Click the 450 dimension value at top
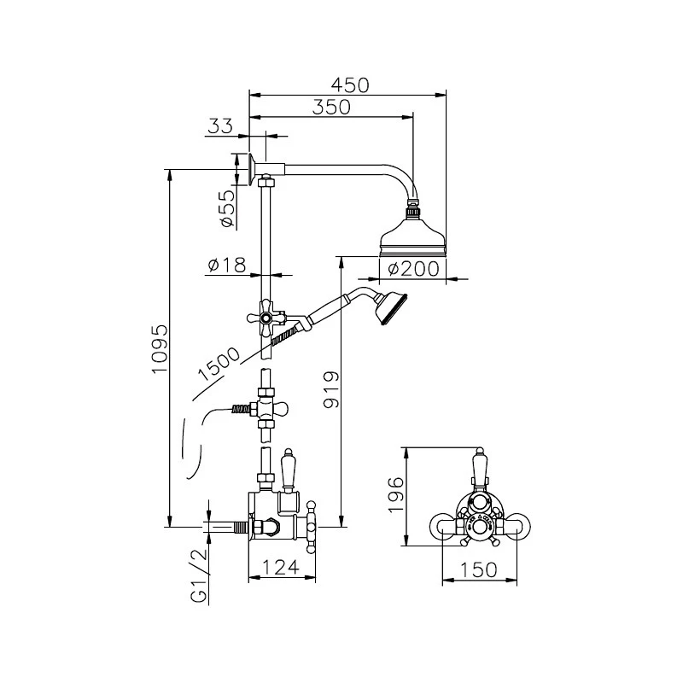tap(350, 85)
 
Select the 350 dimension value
tap(331, 107)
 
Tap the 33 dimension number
tap(220, 126)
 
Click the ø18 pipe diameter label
tap(226, 266)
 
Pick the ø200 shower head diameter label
tap(413, 269)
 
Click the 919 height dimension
tap(334, 389)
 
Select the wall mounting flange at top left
tap(244, 167)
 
